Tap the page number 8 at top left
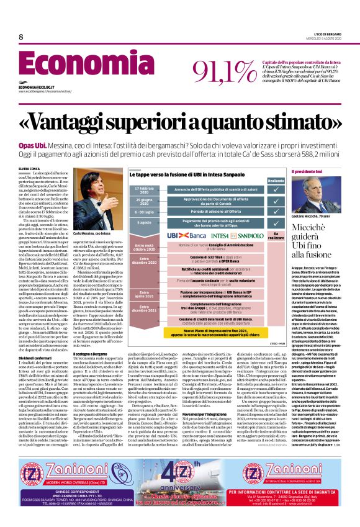21,37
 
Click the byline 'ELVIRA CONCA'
29,168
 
